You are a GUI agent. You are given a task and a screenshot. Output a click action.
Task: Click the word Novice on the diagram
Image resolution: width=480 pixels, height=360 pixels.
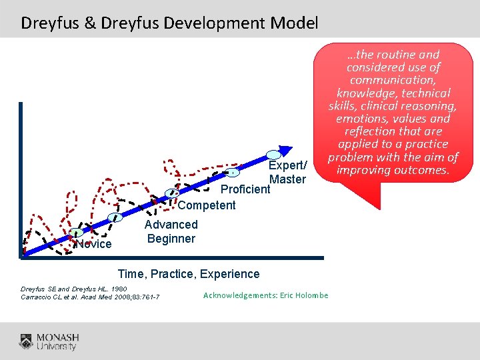94,244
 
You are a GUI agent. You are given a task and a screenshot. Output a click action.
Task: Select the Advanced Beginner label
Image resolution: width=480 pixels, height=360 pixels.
171,231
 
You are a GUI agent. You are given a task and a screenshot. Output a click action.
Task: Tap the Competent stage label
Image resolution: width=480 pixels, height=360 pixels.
207,205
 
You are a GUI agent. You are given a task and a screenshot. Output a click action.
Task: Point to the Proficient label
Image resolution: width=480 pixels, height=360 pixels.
245,189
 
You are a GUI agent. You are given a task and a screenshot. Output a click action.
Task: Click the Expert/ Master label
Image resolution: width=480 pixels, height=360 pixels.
287,172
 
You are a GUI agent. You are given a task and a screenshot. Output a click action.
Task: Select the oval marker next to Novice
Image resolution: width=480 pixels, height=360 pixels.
77,233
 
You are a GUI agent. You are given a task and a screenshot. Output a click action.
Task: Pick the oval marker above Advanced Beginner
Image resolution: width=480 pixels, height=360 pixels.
117,217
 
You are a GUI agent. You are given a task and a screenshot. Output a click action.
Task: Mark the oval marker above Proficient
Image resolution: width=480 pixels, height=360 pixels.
231,173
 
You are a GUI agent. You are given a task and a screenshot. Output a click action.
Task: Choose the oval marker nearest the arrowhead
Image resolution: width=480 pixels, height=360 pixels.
273,155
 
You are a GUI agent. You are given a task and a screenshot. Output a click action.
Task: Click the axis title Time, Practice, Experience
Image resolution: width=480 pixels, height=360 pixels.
189,274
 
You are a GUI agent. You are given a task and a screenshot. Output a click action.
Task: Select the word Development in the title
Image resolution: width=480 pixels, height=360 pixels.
212,23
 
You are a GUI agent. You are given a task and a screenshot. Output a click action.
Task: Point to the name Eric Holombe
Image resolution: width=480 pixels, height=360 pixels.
304,295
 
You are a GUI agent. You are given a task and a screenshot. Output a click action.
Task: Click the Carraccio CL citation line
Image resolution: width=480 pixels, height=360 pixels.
90,297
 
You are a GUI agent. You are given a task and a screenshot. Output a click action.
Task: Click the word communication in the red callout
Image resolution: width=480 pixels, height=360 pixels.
393,80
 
